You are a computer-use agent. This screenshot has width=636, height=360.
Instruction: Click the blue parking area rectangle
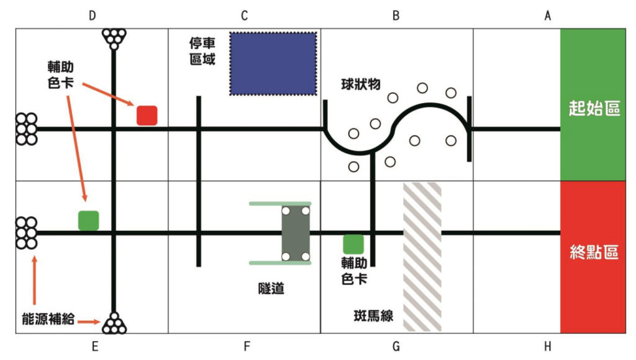click(x=273, y=64)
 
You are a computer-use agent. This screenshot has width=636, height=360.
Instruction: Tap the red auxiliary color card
click(x=147, y=115)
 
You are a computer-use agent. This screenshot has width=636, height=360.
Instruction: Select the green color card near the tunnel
click(x=353, y=244)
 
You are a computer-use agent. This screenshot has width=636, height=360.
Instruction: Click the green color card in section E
click(x=88, y=220)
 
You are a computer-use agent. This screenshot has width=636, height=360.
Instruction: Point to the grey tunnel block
click(x=296, y=233)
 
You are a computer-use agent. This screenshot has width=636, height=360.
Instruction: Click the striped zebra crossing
click(x=422, y=256)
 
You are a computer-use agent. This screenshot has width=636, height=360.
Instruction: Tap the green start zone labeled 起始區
click(x=593, y=105)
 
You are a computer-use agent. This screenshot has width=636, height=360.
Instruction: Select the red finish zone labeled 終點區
click(x=593, y=257)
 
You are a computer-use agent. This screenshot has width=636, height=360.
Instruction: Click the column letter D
click(x=93, y=16)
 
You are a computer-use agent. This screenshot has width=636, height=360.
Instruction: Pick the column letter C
click(x=244, y=16)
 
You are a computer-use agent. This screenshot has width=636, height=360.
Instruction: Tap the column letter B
click(x=396, y=16)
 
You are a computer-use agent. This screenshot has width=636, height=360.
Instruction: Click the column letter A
click(x=548, y=16)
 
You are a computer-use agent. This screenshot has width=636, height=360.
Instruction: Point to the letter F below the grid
click(x=247, y=346)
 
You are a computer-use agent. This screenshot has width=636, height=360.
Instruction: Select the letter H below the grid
click(x=548, y=346)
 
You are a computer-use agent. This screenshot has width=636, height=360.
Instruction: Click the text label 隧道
click(x=271, y=289)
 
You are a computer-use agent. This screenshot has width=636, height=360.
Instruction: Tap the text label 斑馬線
click(x=373, y=316)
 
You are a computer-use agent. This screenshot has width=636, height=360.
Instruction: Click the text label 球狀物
click(x=361, y=84)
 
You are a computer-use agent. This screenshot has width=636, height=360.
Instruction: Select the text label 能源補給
click(x=48, y=319)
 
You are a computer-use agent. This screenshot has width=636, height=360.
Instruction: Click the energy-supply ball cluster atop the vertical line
click(x=114, y=38)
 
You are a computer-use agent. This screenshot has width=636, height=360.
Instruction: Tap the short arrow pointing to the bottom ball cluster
click(x=89, y=322)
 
